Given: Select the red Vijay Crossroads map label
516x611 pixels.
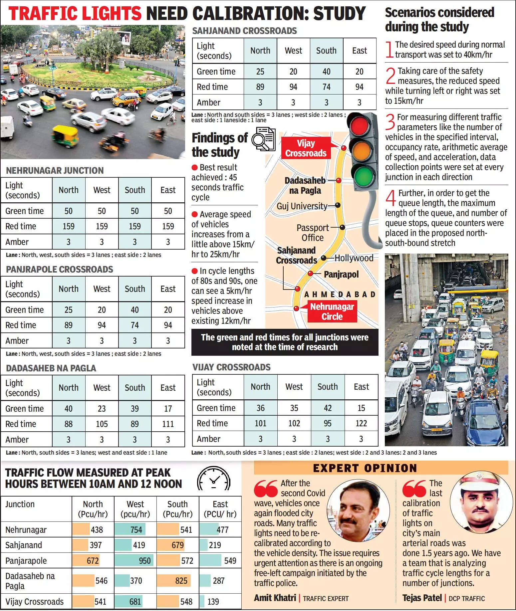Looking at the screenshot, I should tap(306, 148).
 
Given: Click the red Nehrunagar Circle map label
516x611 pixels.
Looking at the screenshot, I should tap(332, 311).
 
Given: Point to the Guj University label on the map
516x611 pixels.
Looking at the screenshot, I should tap(302, 206).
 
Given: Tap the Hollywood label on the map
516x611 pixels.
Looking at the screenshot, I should tap(354, 258).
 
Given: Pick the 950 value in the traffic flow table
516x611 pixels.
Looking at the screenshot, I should tap(145, 561).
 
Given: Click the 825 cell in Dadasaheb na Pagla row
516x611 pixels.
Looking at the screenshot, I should tap(181, 581).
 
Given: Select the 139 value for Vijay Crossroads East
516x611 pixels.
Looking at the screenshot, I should tap(213, 602).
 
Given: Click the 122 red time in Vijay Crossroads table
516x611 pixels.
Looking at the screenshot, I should tap(361, 423).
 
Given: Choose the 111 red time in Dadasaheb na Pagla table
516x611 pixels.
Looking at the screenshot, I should tap(168, 424).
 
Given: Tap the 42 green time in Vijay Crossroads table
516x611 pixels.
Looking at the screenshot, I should tap(328, 408).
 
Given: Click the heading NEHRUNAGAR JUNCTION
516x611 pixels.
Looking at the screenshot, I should tap(55, 170).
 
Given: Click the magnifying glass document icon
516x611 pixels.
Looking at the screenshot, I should tap(263, 139).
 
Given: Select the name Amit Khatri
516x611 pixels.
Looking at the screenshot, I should tap(275, 598).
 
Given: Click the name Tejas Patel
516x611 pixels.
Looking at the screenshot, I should tap(422, 598).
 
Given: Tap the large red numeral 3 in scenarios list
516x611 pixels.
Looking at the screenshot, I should tap(390, 122).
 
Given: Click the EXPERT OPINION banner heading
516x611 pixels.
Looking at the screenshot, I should tap(365, 468).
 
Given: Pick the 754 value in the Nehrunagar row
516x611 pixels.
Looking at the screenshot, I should tap(136, 529).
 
